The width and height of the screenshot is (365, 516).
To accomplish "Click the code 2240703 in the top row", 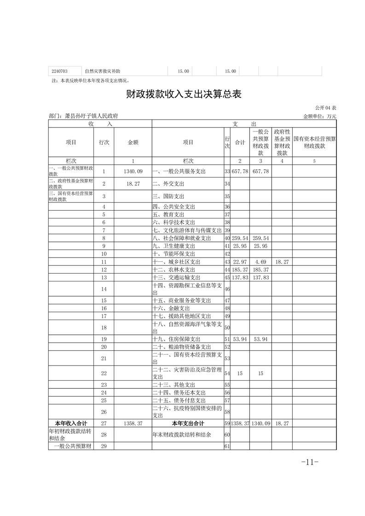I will click(60, 71).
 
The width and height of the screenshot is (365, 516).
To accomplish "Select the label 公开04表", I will click(326, 107).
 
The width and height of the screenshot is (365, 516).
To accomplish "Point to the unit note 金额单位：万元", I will click(319, 116).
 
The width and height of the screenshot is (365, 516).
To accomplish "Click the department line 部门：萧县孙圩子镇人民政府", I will click(87, 116).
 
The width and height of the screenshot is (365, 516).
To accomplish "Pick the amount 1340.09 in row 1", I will click(133, 171).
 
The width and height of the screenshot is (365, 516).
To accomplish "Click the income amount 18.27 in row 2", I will click(133, 183).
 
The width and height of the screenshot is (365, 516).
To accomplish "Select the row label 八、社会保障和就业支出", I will click(181, 238).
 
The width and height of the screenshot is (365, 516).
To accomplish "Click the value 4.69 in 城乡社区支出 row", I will click(261, 262).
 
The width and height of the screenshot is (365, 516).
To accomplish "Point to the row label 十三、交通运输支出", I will click(176, 277).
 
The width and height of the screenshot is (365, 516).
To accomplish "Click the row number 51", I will click(227, 339).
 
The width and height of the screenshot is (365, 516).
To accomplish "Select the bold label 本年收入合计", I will click(71, 423).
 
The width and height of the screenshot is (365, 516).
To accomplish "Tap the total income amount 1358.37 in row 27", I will click(133, 423).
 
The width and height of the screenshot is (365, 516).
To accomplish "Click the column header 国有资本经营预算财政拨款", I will click(314, 142).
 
